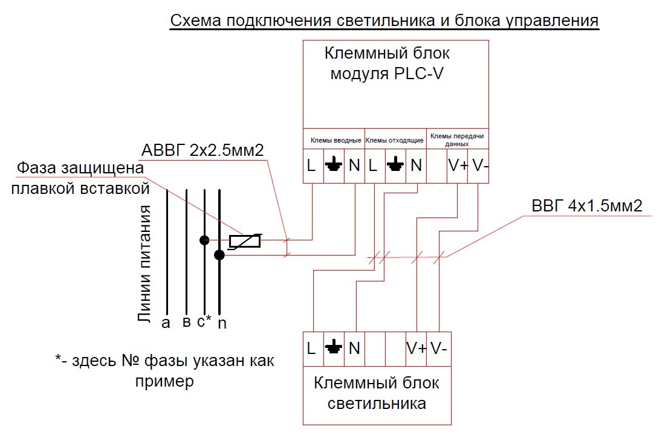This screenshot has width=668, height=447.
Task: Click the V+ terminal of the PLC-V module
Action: (458, 166)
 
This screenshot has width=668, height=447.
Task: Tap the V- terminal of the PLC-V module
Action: (478, 166)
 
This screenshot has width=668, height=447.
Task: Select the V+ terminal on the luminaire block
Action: (417, 349)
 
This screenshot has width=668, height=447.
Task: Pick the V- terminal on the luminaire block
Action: (438, 349)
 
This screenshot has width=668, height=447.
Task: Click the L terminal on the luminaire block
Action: (312, 349)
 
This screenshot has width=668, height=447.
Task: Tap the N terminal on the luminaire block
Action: (354, 349)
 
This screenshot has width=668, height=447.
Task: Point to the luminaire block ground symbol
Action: (334, 348)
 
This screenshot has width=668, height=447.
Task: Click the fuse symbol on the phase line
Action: (244, 241)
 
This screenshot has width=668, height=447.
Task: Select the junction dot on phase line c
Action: (205, 240)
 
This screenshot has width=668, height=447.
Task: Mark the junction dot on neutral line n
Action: (219, 256)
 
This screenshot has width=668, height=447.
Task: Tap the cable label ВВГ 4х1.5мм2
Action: (586, 206)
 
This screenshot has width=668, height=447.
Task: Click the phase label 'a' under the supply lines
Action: (166, 323)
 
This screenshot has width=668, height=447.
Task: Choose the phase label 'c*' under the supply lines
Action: (204, 321)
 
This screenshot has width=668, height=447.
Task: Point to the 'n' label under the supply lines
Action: (222, 324)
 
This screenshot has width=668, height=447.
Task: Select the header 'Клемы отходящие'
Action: (395, 140)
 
